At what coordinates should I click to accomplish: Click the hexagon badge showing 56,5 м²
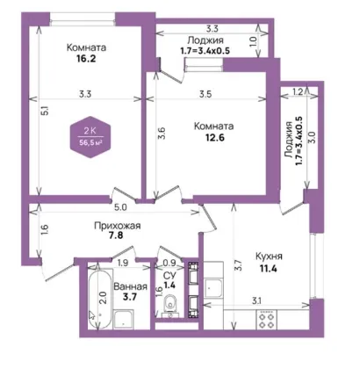(x=90, y=137)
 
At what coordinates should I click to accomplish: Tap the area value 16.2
(x=86, y=59)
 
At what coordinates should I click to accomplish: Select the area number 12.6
(x=215, y=137)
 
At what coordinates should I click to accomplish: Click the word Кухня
(x=269, y=257)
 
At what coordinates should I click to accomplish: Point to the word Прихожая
(x=118, y=226)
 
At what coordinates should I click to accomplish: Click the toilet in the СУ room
(x=169, y=304)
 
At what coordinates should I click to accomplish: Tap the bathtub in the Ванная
(x=99, y=300)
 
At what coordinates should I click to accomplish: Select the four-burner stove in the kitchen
(x=266, y=320)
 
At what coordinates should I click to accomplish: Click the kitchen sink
(x=213, y=288)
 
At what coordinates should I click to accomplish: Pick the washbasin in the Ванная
(x=124, y=320)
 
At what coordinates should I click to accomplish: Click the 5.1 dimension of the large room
(x=45, y=111)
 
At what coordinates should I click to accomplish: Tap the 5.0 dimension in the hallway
(x=120, y=207)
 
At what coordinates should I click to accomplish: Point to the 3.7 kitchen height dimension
(x=239, y=265)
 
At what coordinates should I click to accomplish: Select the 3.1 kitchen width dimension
(x=256, y=300)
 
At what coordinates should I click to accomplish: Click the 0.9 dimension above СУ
(x=169, y=263)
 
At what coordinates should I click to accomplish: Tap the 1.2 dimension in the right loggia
(x=298, y=92)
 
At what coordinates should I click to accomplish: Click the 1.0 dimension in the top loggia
(x=254, y=42)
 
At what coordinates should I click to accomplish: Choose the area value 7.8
(x=116, y=235)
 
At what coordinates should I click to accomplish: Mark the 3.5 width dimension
(x=205, y=94)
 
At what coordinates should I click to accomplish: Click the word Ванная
(x=130, y=286)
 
